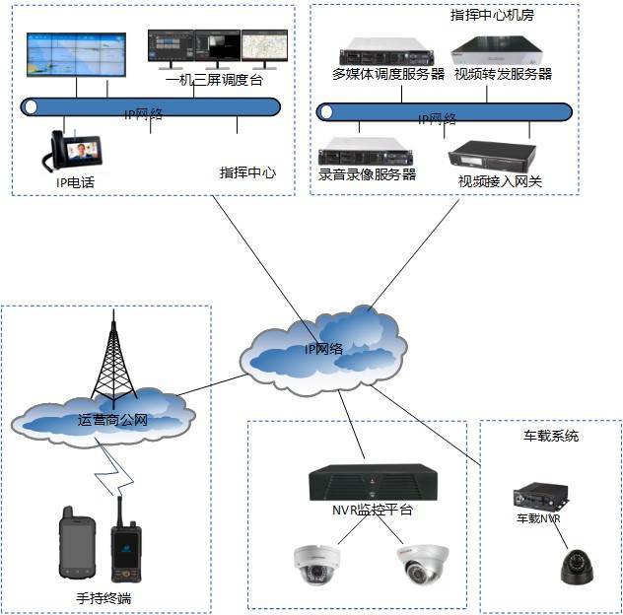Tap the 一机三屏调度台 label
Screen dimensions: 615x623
point(216,80)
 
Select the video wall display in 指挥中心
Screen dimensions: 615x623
point(75,56)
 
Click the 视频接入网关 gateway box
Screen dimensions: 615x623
point(492,156)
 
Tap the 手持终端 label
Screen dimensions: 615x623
point(102,597)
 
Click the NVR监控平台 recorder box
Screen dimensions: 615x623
point(372,483)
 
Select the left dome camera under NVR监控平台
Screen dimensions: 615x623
point(316,561)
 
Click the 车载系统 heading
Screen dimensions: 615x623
point(551,435)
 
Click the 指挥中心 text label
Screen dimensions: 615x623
point(247,172)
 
